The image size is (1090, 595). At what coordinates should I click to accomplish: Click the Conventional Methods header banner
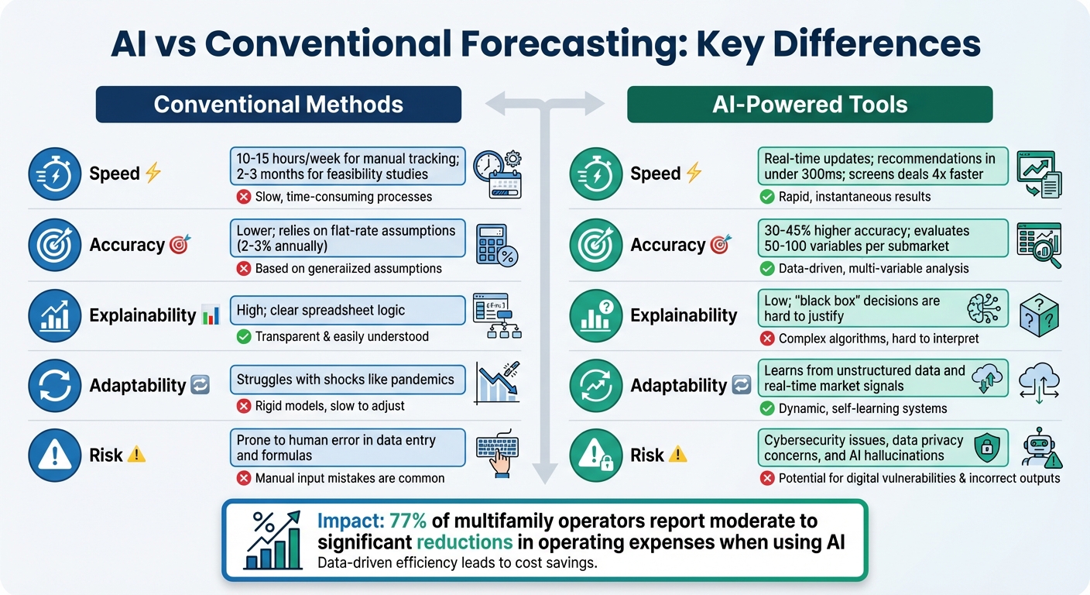point(278,105)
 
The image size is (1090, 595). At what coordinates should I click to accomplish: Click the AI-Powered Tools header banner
point(810,105)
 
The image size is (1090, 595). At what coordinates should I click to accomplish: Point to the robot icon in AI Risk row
point(1040,449)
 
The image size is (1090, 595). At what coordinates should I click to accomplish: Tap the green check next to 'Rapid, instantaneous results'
point(766,197)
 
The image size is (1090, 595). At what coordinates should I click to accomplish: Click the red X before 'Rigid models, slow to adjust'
point(243,405)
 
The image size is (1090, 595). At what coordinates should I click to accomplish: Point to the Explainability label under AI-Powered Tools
point(684,315)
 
